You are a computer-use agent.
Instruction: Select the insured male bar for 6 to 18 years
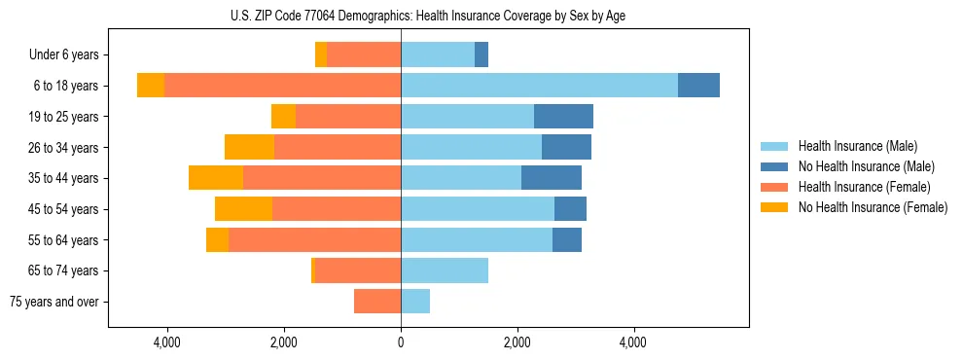pyautogui.click(x=539, y=86)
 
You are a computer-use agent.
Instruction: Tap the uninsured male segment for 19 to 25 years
pyautogui.click(x=563, y=117)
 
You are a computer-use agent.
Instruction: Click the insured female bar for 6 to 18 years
pyautogui.click(x=282, y=86)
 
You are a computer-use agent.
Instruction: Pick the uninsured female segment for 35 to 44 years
pyautogui.click(x=216, y=178)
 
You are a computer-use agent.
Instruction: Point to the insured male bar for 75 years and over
pyautogui.click(x=415, y=302)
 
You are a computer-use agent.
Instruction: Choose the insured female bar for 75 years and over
pyautogui.click(x=377, y=302)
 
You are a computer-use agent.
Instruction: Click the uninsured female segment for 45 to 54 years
pyautogui.click(x=243, y=209)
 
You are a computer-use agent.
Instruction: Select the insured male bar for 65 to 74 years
pyautogui.click(x=445, y=270)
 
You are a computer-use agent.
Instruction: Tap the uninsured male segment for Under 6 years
pyautogui.click(x=481, y=55)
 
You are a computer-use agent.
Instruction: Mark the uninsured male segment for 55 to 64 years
pyautogui.click(x=567, y=239)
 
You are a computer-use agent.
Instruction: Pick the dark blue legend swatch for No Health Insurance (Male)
pyautogui.click(x=774, y=166)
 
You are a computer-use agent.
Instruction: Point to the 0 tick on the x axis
pyautogui.click(x=401, y=342)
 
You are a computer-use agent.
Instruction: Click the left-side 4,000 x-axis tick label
pyautogui.click(x=167, y=342)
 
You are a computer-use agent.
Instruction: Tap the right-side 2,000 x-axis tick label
pyautogui.click(x=517, y=342)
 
